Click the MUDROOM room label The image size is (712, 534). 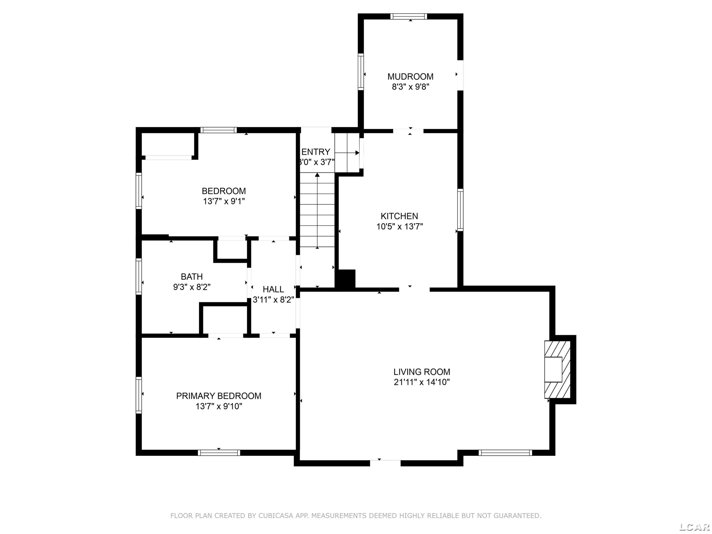[x=410, y=77]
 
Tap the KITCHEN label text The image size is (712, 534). [x=399, y=216]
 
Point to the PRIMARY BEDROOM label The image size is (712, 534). [x=219, y=396]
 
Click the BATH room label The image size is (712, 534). [x=192, y=276]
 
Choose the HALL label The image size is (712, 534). [x=273, y=289]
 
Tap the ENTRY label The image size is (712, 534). [x=316, y=152]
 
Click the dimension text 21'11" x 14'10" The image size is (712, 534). [x=422, y=382]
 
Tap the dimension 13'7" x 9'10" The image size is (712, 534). [x=219, y=406]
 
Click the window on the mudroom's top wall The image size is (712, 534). [x=409, y=16]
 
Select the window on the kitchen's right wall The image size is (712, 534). [x=460, y=210]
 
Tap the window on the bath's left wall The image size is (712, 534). [x=139, y=276]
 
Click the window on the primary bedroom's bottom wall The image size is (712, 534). [x=219, y=453]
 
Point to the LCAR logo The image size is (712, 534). [x=694, y=527]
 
